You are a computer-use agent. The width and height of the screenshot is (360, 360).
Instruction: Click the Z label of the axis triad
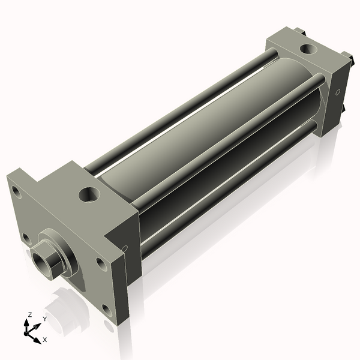click(x=29, y=314)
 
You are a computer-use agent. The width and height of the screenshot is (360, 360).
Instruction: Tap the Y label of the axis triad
click(x=45, y=319)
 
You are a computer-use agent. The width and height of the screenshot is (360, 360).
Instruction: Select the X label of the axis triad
click(x=45, y=340)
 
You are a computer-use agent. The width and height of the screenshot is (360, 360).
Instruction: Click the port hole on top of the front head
click(x=89, y=194)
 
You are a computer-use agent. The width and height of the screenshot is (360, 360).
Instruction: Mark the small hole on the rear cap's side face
click(x=338, y=92)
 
